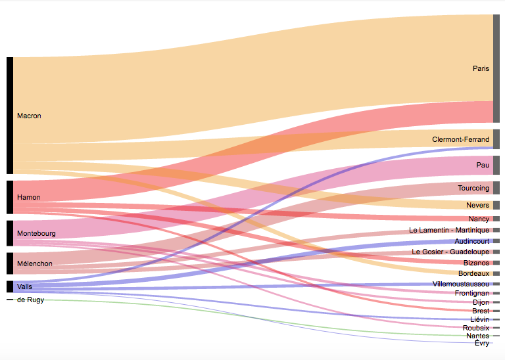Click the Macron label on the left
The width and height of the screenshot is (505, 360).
[29, 116]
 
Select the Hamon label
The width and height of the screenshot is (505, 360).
[28, 197]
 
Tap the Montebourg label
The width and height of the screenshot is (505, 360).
[36, 233]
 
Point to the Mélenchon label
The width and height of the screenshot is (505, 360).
[35, 263]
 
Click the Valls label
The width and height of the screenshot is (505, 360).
[24, 286]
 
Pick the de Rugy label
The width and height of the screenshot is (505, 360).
[30, 300]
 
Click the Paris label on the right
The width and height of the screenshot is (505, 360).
[481, 68]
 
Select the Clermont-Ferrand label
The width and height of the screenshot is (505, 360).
[460, 139]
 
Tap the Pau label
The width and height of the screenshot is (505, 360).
[483, 165]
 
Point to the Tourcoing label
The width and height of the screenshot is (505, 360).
[473, 188]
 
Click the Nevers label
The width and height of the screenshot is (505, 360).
[477, 205]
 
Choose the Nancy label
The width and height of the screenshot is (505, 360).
[479, 219]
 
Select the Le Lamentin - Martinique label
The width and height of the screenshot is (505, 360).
[449, 230]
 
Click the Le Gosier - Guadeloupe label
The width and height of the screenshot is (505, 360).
[450, 252]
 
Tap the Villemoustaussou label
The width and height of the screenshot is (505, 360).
[461, 284]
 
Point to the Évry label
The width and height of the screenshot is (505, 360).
[481, 343]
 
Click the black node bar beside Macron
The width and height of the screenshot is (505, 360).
[10, 116]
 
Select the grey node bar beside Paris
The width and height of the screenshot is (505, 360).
[496, 68]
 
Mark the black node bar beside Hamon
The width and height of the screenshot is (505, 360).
[10, 197]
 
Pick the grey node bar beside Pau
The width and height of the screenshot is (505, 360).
[496, 165]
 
